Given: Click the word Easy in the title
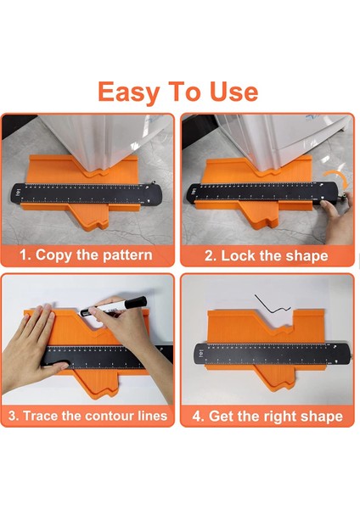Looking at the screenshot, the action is (129, 93).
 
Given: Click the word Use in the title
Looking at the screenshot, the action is (233, 92).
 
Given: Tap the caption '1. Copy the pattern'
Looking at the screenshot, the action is (86, 255).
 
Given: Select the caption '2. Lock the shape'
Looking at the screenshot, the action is (266, 256).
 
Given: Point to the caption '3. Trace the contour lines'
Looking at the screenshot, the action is (87, 416).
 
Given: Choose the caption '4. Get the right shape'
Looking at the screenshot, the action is (267, 417).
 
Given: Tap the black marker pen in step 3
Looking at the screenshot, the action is (113, 307).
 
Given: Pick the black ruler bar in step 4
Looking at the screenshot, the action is (273, 354).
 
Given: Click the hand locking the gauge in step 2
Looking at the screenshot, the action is (337, 217).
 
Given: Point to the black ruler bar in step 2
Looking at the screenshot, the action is (263, 193).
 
